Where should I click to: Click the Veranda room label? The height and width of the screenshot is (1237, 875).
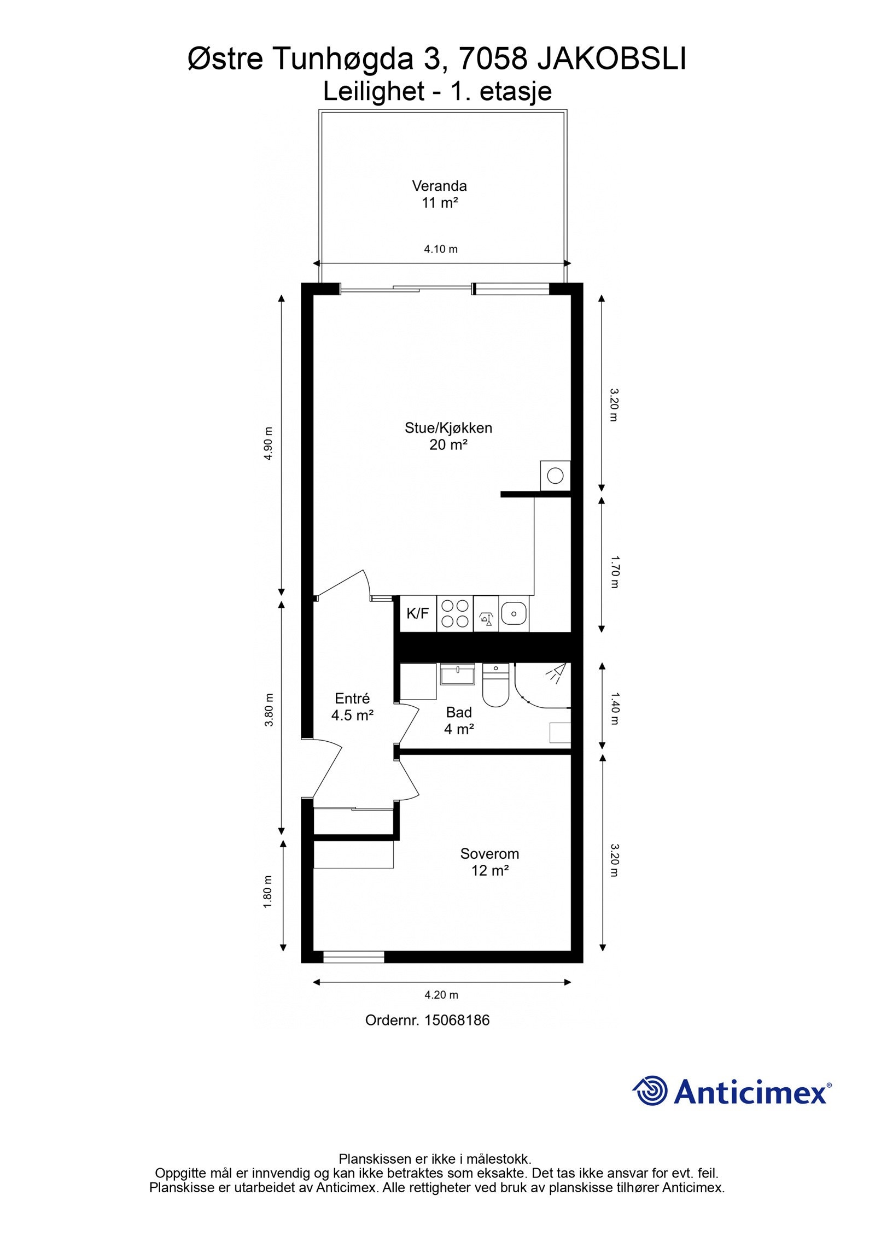pyautogui.click(x=439, y=194)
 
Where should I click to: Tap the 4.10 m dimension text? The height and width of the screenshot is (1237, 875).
pyautogui.click(x=440, y=249)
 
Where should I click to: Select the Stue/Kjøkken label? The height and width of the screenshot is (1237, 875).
pyautogui.click(x=448, y=436)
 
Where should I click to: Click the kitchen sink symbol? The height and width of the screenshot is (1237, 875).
pyautogui.click(x=514, y=613)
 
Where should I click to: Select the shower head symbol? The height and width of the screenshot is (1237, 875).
pyautogui.click(x=557, y=673)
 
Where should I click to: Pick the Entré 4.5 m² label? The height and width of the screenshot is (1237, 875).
pyautogui.click(x=352, y=706)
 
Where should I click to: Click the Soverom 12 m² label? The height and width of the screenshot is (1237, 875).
pyautogui.click(x=489, y=861)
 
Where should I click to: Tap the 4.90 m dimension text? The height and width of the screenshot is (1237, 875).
pyautogui.click(x=268, y=443)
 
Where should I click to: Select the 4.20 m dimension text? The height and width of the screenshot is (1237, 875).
pyautogui.click(x=441, y=995)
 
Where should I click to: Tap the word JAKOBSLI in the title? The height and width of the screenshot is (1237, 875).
pyautogui.click(x=611, y=60)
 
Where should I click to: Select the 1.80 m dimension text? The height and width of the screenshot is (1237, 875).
pyautogui.click(x=268, y=892)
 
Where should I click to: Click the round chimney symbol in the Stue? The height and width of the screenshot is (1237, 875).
pyautogui.click(x=555, y=476)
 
